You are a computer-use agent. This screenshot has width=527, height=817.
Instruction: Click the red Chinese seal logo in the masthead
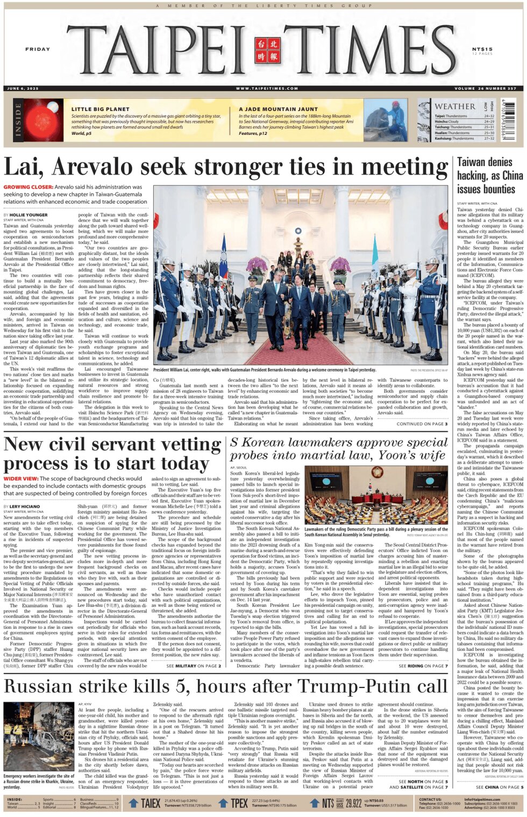[x=267, y=50]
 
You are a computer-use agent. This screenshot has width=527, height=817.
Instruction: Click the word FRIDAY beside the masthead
[x=37, y=49]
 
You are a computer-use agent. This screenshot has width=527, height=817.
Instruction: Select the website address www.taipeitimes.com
[x=267, y=88]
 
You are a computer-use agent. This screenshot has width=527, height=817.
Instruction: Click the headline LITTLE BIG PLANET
[x=100, y=109]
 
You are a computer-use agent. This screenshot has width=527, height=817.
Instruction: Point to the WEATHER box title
[x=454, y=106]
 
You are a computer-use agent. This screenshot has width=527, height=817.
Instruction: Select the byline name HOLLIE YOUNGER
[x=29, y=215]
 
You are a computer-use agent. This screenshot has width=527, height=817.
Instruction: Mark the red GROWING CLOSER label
[x=28, y=187]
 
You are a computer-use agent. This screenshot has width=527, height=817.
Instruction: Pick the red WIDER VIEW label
[x=21, y=478]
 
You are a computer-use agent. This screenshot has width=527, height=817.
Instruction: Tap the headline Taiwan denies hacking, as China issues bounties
[x=489, y=175]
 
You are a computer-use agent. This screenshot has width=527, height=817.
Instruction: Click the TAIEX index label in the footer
[x=150, y=803]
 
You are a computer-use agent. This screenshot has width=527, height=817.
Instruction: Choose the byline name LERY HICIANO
[x=25, y=506]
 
